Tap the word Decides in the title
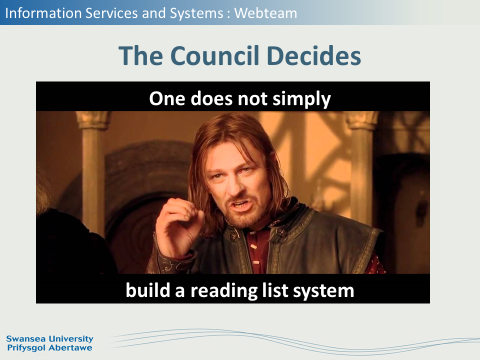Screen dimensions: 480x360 (314, 55)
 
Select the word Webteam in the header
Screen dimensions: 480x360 (265, 13)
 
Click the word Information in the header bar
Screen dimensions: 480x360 (43, 13)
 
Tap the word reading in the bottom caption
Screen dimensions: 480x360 (224, 290)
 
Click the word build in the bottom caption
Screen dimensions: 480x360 (147, 289)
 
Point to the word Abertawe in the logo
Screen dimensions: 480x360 (70, 348)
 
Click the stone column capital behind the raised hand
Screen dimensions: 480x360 (93, 119)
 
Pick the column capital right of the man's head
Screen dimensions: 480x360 (361, 120)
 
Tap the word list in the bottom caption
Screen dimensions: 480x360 (275, 289)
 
